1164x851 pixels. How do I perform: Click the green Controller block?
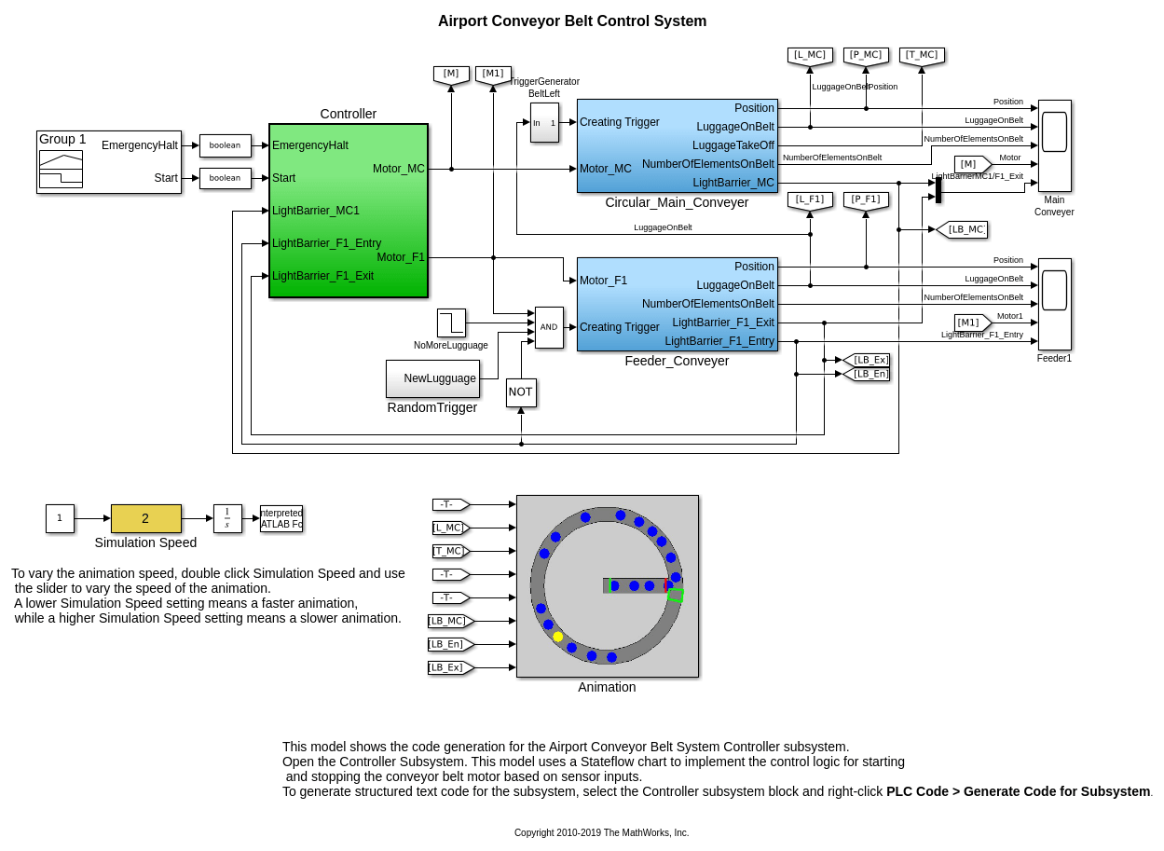click(x=348, y=211)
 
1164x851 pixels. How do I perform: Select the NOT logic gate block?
click(x=521, y=392)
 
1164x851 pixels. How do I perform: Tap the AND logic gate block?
click(x=549, y=327)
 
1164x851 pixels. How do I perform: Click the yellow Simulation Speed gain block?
click(x=145, y=518)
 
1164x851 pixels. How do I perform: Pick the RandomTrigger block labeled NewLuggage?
click(x=432, y=378)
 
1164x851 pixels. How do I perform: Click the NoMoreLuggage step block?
click(x=451, y=323)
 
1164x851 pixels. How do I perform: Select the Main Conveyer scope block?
click(x=1054, y=145)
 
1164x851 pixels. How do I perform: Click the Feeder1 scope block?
click(x=1054, y=304)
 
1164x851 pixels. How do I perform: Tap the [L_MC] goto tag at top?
click(x=810, y=56)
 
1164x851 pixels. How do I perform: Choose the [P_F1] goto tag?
click(x=866, y=199)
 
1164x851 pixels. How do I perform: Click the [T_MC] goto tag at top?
click(x=922, y=56)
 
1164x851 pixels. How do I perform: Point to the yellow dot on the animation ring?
click(x=558, y=637)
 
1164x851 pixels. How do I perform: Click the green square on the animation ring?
click(x=676, y=595)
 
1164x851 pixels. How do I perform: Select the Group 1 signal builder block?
click(x=108, y=162)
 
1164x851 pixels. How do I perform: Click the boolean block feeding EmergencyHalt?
click(x=225, y=145)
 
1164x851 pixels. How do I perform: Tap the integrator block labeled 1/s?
click(x=227, y=518)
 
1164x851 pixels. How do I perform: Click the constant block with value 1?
click(x=60, y=518)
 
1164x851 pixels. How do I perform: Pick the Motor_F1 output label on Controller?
click(x=401, y=257)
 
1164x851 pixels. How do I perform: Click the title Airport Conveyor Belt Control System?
click(x=572, y=21)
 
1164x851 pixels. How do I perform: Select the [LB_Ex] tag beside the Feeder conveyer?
click(x=869, y=360)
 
